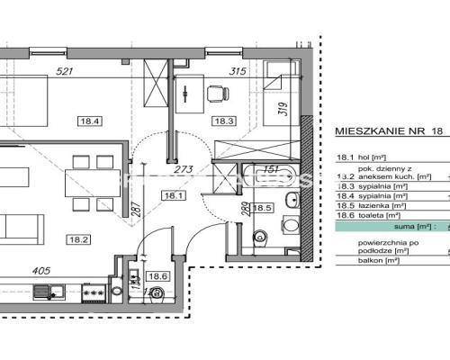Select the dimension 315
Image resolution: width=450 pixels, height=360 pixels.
[x=238, y=72]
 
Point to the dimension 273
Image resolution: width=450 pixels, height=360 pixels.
[x=184, y=168]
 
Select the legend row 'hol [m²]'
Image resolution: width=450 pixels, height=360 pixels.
[x=360, y=154]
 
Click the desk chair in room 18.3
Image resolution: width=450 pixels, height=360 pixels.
[x=217, y=91]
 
